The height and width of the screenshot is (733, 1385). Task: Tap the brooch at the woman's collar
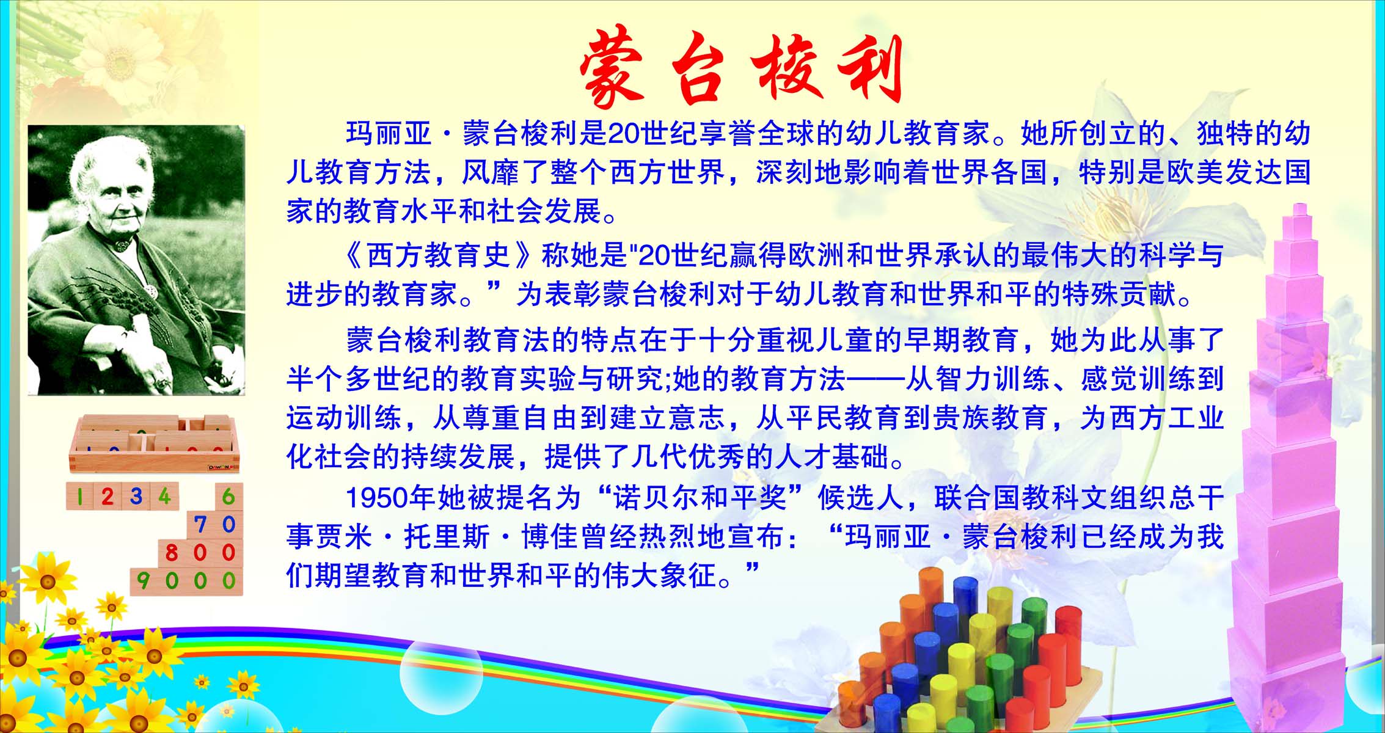click(x=123, y=244)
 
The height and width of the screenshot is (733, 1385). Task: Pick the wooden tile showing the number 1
click(x=80, y=496)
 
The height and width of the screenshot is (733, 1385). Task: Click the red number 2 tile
click(x=108, y=496)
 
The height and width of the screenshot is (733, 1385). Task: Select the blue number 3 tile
click(x=136, y=496)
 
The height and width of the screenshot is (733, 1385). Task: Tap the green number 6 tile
click(x=228, y=496)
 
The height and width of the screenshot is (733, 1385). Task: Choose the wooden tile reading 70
click(x=214, y=524)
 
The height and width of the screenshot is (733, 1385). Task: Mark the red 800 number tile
click(x=200, y=552)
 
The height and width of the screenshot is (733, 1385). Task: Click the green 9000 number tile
click(x=186, y=580)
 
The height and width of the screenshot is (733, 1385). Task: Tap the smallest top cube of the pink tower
click(x=1299, y=211)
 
